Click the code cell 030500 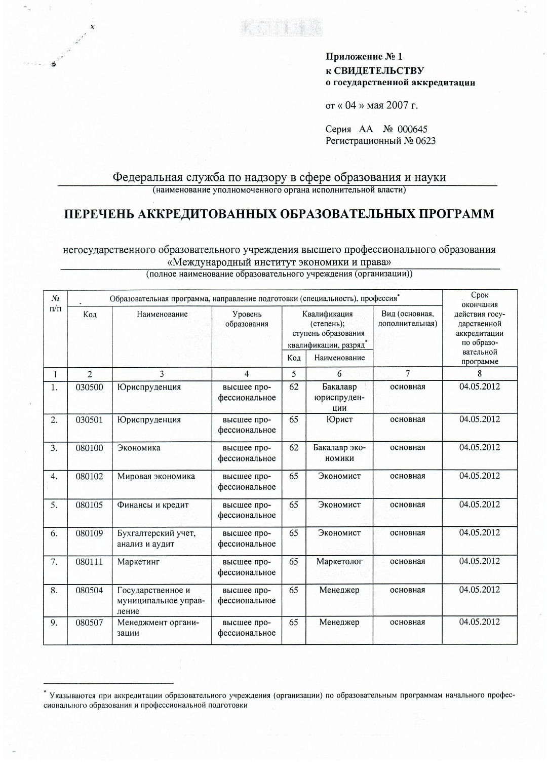pyautogui.click(x=89, y=388)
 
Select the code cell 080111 pyautogui.click(x=89, y=562)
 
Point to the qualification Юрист pyautogui.click(x=339, y=420)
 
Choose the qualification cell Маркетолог pyautogui.click(x=339, y=562)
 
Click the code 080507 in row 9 pyautogui.click(x=89, y=623)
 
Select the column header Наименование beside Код pyautogui.click(x=162, y=315)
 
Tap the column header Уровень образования pyautogui.click(x=247, y=319)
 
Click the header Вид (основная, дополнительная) pyautogui.click(x=408, y=319)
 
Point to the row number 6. pyautogui.click(x=54, y=533)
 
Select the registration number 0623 pyautogui.click(x=425, y=141)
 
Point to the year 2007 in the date pyautogui.click(x=397, y=105)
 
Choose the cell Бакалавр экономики pyautogui.click(x=339, y=453)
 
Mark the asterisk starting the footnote pyautogui.click(x=45, y=692)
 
